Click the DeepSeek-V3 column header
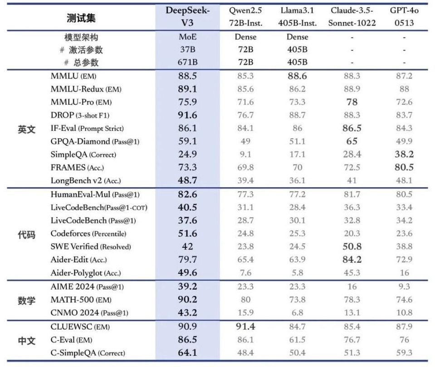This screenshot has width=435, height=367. click(x=187, y=17)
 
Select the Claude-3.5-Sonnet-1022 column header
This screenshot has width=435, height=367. click(x=352, y=17)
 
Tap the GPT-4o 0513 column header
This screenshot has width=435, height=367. click(x=404, y=17)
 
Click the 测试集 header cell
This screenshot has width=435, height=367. click(x=81, y=18)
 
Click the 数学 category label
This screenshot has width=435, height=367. click(x=26, y=300)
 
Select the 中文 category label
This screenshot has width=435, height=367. click(x=26, y=340)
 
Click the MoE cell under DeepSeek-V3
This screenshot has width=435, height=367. click(x=187, y=37)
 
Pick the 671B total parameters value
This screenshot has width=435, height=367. click(x=187, y=62)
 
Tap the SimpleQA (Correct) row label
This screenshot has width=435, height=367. click(x=83, y=155)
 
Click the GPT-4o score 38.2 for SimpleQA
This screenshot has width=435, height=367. click(x=404, y=155)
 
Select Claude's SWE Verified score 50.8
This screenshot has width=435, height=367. click(x=352, y=247)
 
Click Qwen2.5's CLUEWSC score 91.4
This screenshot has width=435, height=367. click(x=245, y=326)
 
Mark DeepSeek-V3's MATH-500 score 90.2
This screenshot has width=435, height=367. click(x=187, y=300)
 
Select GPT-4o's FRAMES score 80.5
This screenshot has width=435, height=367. click(x=404, y=168)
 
